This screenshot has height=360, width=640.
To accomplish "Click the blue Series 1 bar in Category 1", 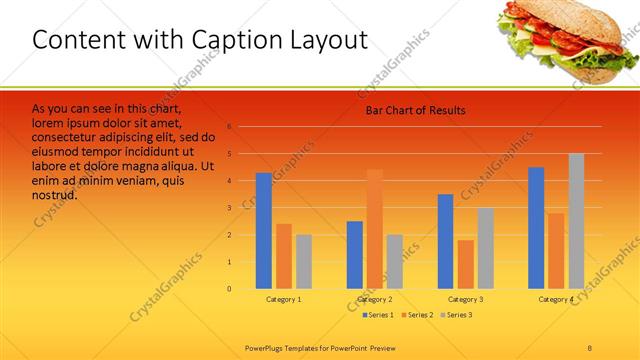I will pyautogui.click(x=263, y=231).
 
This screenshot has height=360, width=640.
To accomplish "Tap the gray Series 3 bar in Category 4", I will pyautogui.click(x=576, y=221).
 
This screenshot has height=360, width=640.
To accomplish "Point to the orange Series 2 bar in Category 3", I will pyautogui.click(x=465, y=264).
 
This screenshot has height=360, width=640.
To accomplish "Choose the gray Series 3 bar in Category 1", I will pyautogui.click(x=303, y=262).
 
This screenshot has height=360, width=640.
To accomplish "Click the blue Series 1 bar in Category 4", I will pyautogui.click(x=536, y=228).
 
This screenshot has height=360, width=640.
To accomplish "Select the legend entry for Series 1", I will pyautogui.click(x=378, y=315).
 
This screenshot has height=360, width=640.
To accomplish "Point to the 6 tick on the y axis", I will pyautogui.click(x=229, y=127).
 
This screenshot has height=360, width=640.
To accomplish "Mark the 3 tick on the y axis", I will pyautogui.click(x=229, y=208).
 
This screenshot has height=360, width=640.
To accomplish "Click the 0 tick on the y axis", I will pyautogui.click(x=229, y=289).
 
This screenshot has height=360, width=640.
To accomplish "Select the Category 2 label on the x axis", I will pyautogui.click(x=375, y=299).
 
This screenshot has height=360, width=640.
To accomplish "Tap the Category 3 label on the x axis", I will pyautogui.click(x=465, y=299).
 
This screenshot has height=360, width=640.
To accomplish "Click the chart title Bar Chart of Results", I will pyautogui.click(x=415, y=110).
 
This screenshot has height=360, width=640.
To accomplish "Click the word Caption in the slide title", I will pyautogui.click(x=228, y=40).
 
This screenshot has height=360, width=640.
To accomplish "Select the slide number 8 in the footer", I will pyautogui.click(x=589, y=347).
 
